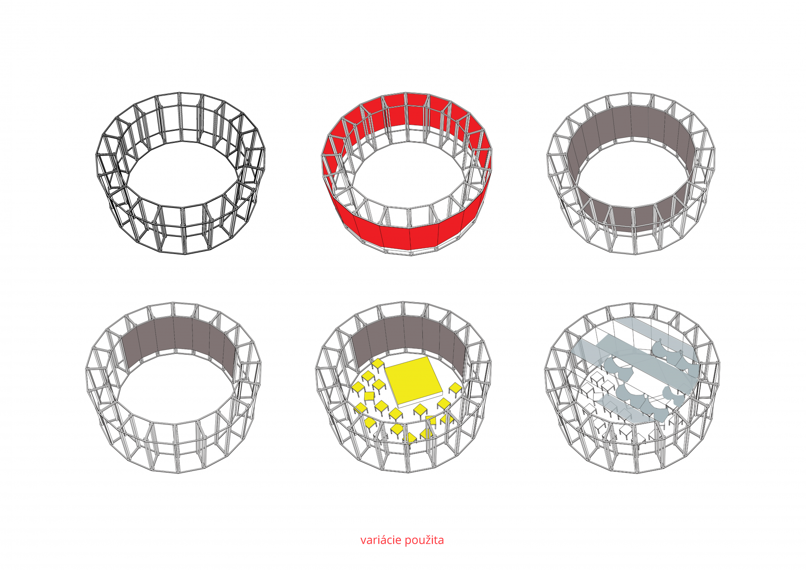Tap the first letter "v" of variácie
coord(363,541)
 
